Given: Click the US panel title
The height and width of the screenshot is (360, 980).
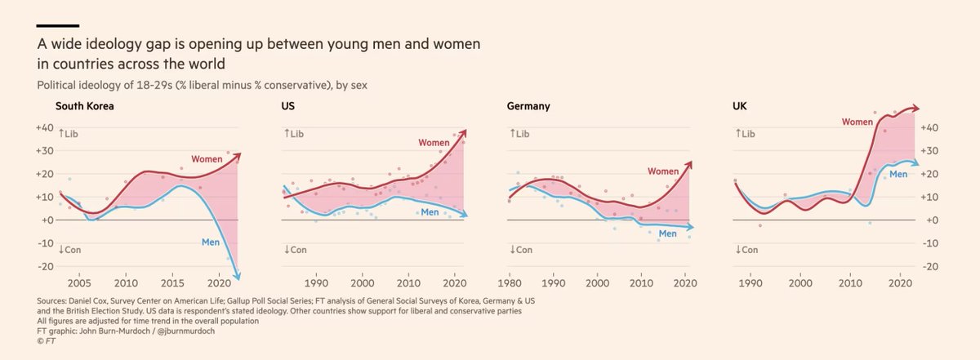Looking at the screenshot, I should pos(287,107).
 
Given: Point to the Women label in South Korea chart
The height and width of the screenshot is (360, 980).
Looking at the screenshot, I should pos(207,158).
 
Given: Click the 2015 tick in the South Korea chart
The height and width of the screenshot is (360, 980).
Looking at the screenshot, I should pos(172,282).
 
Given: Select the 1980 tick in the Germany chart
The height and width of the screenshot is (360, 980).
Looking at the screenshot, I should pos(510,282).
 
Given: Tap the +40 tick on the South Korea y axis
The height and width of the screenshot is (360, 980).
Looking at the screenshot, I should pos(44,127).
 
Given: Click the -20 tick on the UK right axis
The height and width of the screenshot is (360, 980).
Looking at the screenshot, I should pos(932,266).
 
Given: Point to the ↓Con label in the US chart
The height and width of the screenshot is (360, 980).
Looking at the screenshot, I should pos(295,250).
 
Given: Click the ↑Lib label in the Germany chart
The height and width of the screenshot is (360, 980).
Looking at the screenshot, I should pos(519,133).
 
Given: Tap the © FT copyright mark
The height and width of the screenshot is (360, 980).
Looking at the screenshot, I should pos(47,342).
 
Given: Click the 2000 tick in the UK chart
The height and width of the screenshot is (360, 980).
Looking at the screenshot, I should pos(800,282).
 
